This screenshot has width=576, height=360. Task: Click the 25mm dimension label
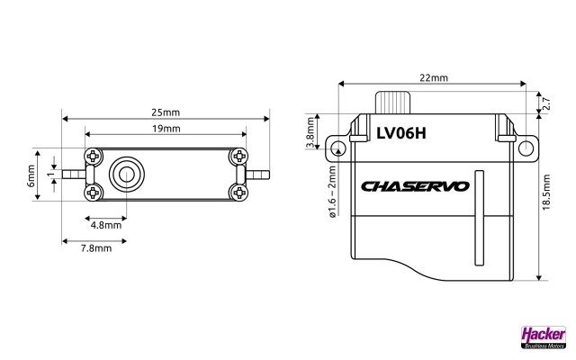(x=166, y=112)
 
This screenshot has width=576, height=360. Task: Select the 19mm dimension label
(x=166, y=130)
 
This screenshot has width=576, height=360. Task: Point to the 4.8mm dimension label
(x=106, y=226)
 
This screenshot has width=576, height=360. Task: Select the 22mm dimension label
(x=433, y=78)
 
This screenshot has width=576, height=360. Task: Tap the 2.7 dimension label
(x=546, y=103)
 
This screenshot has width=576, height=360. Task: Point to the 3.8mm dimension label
(x=310, y=136)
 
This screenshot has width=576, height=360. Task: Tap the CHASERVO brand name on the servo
(x=415, y=187)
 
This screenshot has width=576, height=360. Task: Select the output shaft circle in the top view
(x=124, y=174)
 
